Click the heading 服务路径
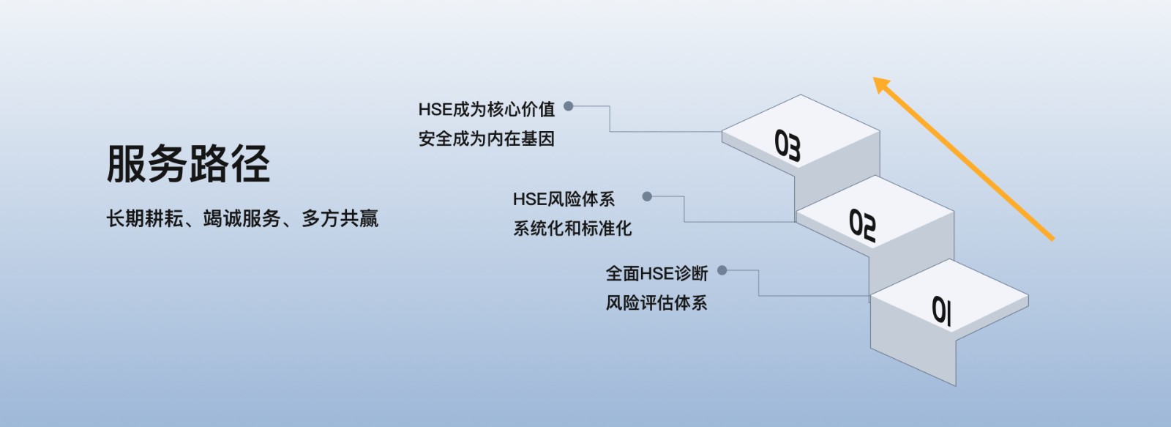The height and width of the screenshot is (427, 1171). coord(188,163)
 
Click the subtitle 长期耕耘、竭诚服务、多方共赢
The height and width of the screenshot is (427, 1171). coord(242,218)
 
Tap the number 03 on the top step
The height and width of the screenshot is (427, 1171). coord(787,145)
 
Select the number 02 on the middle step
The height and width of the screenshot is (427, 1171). coord(862,226)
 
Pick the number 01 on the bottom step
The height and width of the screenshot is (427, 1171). coord(941,311)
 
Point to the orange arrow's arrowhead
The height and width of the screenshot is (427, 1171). coord(883,85)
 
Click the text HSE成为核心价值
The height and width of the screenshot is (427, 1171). coord(487,109)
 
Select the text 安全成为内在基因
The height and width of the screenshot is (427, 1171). coord(487,138)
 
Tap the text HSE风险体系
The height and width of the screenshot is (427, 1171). coord(564,198)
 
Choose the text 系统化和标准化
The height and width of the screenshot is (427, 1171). coord(572,229)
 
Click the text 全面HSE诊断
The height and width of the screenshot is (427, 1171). coord(656,273)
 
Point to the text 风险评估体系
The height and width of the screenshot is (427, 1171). coord(656,302)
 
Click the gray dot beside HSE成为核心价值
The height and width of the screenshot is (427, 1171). coord(568,106)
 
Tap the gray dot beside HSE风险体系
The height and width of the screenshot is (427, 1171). coord(647,196)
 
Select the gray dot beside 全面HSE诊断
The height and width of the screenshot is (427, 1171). coord(722,270)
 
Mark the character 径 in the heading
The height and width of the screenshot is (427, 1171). coord(251,163)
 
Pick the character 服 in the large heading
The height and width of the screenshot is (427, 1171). coord(127,163)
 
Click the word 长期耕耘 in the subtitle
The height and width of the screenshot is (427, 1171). coord(144,218)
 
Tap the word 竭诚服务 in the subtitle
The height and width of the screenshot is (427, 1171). coord(242,218)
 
